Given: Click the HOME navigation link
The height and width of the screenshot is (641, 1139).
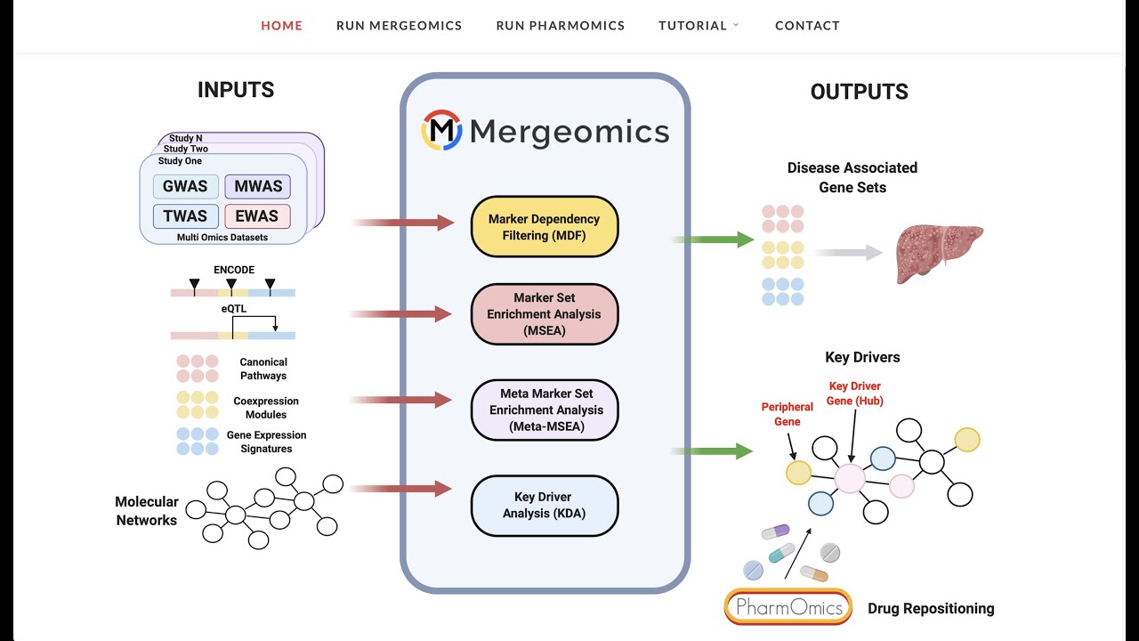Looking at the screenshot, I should click(281, 26).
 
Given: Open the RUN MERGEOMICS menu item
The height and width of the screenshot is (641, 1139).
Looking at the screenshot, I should click(399, 26).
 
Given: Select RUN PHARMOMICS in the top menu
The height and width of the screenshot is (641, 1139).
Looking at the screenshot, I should click(560, 26).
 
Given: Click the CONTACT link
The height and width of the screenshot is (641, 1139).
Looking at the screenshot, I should click(807, 26).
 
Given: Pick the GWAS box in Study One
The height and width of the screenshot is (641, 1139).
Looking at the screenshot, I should click(185, 187).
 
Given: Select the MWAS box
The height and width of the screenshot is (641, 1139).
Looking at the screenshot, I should click(258, 187).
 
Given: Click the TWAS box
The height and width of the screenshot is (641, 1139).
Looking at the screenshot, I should click(185, 216).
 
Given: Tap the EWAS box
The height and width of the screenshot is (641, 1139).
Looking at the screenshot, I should click(258, 216).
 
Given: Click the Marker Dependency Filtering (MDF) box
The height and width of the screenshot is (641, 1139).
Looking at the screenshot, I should click(544, 226).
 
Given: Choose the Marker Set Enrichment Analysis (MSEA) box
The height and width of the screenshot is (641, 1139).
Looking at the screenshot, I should click(544, 314).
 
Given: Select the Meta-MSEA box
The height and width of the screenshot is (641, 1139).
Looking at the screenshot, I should click(545, 410).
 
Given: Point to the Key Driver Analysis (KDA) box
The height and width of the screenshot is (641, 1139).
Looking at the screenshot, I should click(544, 505).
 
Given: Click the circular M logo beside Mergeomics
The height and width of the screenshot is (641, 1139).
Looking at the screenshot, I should click(441, 130).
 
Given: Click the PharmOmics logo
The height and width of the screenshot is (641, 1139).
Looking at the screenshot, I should click(788, 607).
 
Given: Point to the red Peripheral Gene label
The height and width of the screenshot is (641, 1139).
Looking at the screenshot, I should click(787, 414).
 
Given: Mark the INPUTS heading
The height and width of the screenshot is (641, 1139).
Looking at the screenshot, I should click(236, 90).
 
